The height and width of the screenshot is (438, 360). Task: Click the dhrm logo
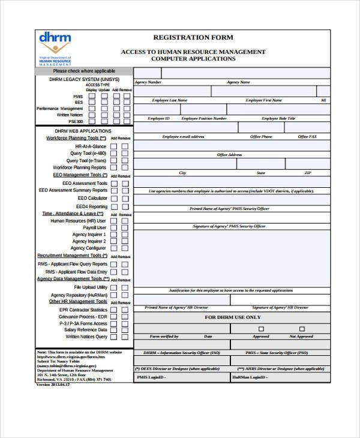point(55,47)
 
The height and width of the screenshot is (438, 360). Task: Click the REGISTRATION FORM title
point(193,37)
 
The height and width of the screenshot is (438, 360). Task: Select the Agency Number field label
point(148,82)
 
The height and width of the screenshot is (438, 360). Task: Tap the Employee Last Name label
point(170,100)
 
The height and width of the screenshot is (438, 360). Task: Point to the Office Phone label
point(261,137)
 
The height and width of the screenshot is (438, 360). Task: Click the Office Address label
point(229,155)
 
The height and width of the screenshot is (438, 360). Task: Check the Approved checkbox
point(261,328)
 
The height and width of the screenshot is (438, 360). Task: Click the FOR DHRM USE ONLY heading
point(232,317)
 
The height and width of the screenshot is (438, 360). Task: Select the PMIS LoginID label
point(151,377)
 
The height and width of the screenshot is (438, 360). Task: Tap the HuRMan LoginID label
point(249,377)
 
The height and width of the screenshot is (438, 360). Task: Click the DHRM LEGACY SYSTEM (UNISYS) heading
point(84,79)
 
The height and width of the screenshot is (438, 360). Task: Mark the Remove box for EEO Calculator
point(125,198)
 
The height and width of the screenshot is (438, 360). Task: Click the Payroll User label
point(94,228)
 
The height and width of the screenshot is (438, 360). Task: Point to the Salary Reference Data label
point(86,330)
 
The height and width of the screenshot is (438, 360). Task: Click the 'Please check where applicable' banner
point(84,71)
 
